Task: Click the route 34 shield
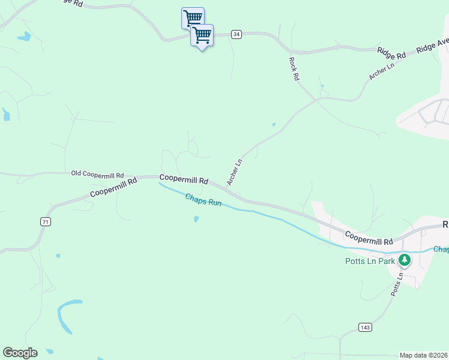click(x=237, y=35)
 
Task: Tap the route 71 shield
click(x=46, y=222)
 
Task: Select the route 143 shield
click(x=364, y=327)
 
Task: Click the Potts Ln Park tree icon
click(x=405, y=260)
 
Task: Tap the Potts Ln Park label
click(x=370, y=261)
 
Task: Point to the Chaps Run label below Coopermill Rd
click(x=203, y=200)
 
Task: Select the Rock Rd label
click(x=294, y=69)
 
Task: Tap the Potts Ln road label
click(x=396, y=287)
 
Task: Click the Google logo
click(x=20, y=353)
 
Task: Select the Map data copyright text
click(x=423, y=355)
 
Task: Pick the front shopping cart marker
click(x=202, y=36)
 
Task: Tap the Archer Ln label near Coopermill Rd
click(x=235, y=171)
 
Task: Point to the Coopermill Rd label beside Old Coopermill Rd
click(x=184, y=179)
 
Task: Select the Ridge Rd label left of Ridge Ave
click(x=391, y=53)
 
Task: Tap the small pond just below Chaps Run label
click(x=197, y=220)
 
